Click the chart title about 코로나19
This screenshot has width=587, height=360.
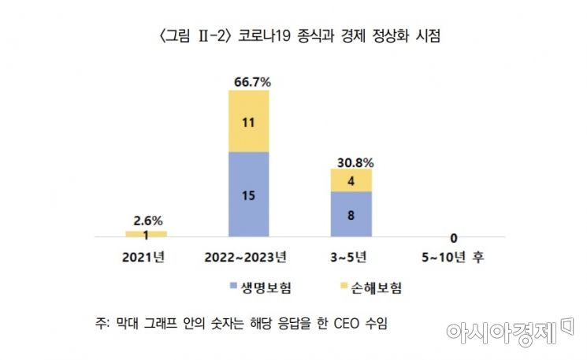pyautogui.click(x=293, y=35)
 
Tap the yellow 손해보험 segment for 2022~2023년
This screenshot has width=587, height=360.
pyautogui.click(x=248, y=121)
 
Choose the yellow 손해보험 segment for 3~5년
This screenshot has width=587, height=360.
pyautogui.click(x=351, y=180)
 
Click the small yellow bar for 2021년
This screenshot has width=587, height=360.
pyautogui.click(x=146, y=233)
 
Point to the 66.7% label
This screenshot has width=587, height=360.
pyautogui.click(x=248, y=81)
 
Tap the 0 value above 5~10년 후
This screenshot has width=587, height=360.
pyautogui.click(x=454, y=237)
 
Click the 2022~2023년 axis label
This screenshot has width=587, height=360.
pyautogui.click(x=247, y=256)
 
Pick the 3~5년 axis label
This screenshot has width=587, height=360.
pyautogui.click(x=351, y=256)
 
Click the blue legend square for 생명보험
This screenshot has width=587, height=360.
pyautogui.click(x=234, y=288)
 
